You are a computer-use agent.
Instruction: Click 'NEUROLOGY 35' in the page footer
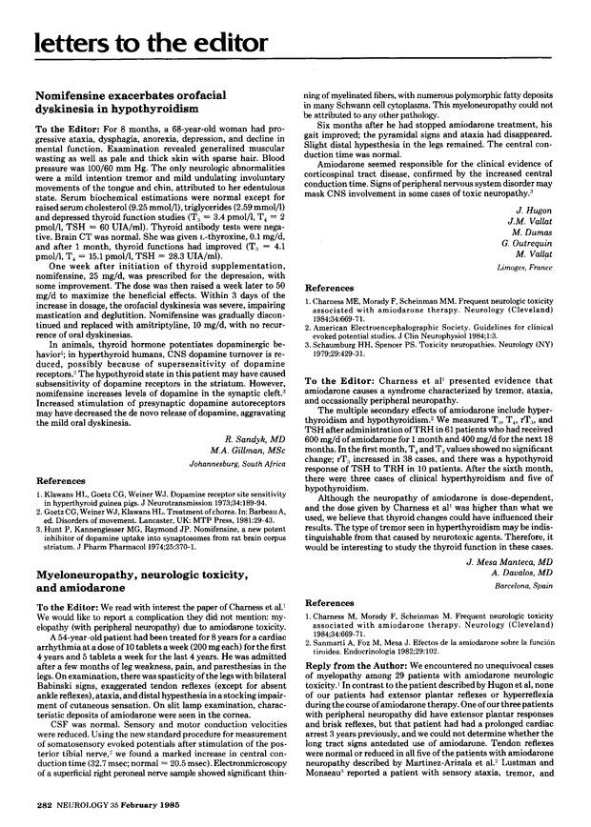point(89,817)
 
